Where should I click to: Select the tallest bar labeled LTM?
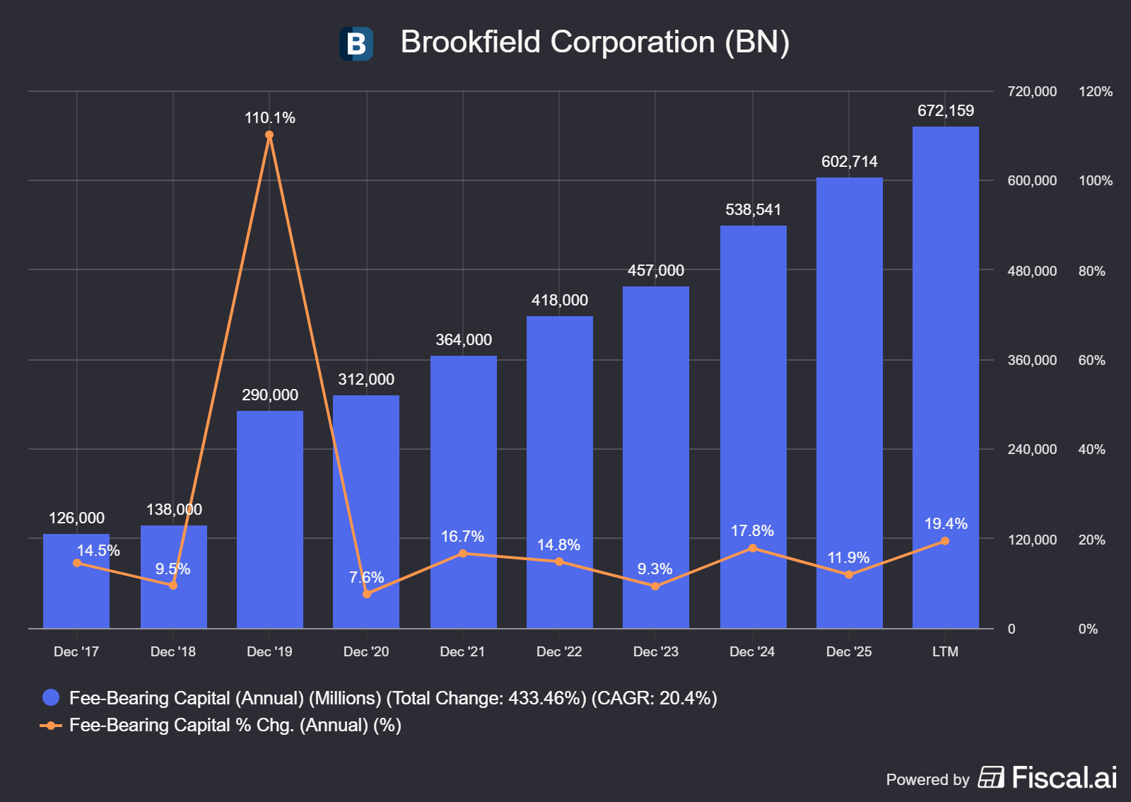pos(945,377)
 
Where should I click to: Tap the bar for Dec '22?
pos(559,472)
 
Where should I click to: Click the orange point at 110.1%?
pos(269,135)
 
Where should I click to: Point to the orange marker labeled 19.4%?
pos(944,541)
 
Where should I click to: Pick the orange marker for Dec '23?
pos(655,586)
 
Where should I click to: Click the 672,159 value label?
pos(945,110)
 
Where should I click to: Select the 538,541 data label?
pos(753,209)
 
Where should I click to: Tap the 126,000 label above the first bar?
pos(76,518)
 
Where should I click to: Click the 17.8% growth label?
pos(752,530)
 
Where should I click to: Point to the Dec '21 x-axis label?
pos(462,651)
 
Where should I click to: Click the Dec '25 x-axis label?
pos(848,651)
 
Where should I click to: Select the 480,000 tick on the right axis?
pos(1031,271)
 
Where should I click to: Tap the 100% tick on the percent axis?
pos(1095,180)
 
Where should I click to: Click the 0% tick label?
pos(1088,629)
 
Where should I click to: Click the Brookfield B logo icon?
pos(356,43)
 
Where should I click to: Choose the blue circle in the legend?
pos(51,697)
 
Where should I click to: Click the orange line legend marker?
pos(50,725)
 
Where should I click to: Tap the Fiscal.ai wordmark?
pos(1065,778)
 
